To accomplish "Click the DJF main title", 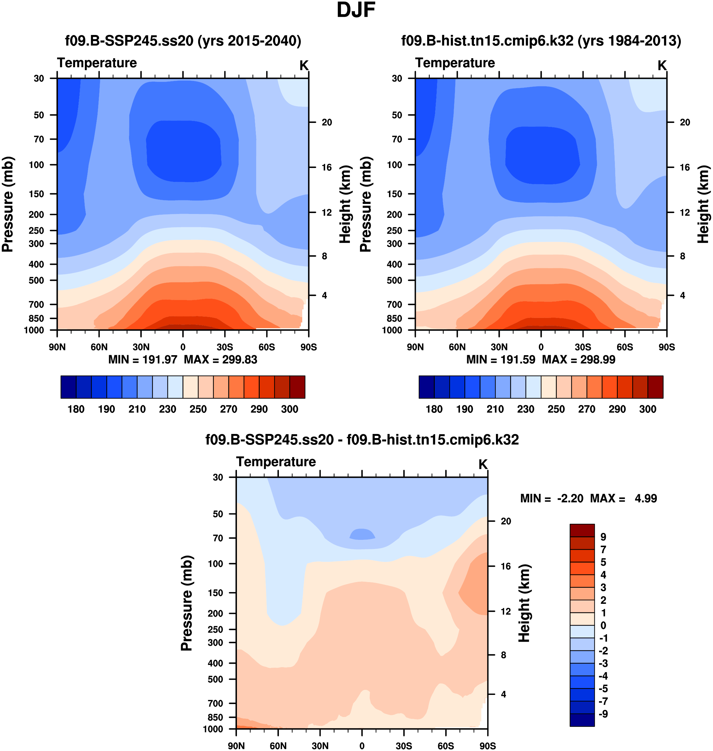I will point(356,10).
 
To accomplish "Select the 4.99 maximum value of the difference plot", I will point(646,498).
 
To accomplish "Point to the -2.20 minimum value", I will point(570,498).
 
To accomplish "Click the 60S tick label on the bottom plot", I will point(445,746).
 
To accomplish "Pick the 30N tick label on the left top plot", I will point(141,347).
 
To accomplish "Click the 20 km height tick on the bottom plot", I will point(506,521).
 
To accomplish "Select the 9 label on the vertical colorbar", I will point(603,537).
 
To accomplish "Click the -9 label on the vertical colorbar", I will point(603,714).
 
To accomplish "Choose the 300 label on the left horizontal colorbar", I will point(290,409).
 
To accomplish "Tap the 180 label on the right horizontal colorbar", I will point(434,409).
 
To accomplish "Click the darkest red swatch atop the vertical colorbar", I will point(582,530).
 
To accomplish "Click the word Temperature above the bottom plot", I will point(276,462).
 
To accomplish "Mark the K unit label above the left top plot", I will point(304,66).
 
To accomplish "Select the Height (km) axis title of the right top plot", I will point(704,204).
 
